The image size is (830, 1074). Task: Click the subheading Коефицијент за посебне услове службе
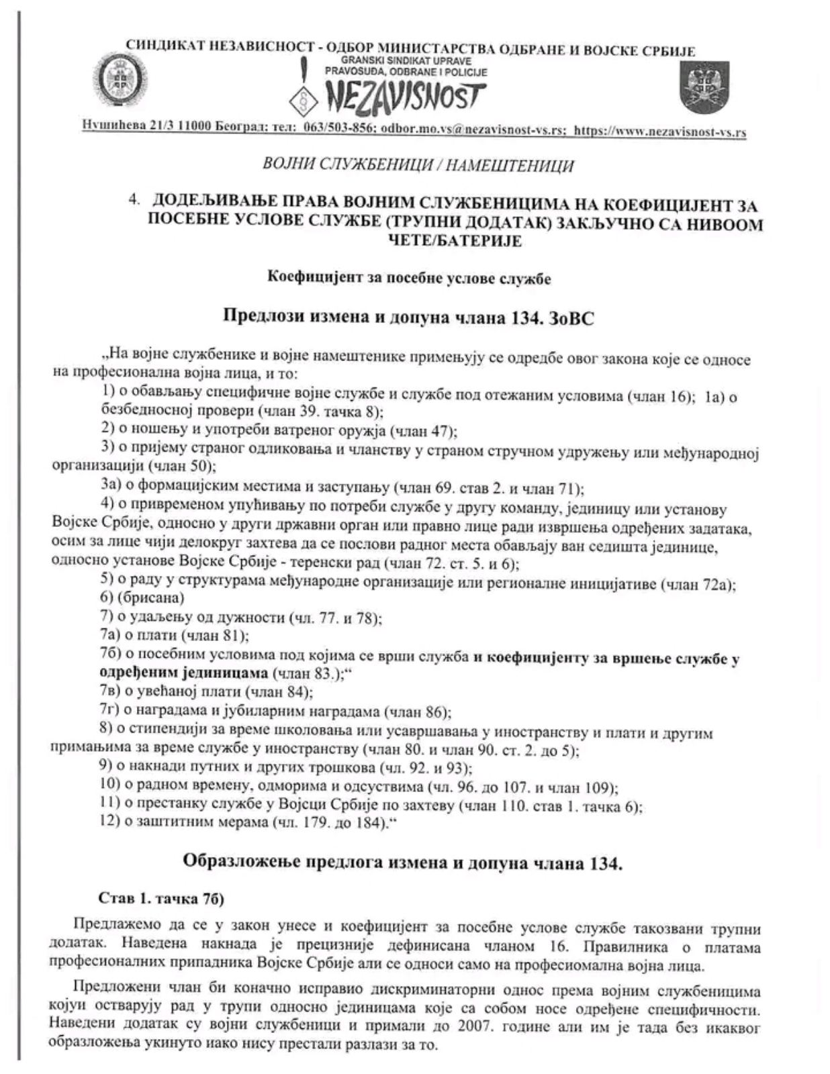(x=409, y=278)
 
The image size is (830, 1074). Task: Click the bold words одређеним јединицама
(x=183, y=673)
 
